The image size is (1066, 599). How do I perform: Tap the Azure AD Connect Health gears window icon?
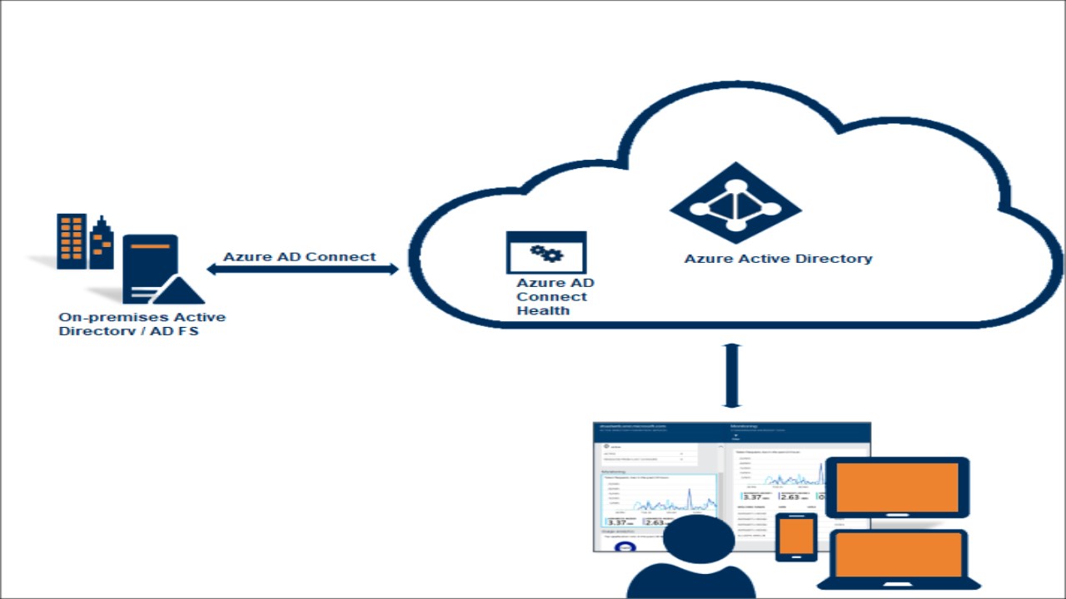[546, 253]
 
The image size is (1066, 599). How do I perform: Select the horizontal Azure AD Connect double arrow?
[302, 269]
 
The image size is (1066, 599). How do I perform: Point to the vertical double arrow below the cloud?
[732, 375]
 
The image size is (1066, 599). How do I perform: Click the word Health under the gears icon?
[543, 311]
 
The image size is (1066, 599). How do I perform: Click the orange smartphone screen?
[797, 536]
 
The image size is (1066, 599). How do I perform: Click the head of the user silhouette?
[699, 541]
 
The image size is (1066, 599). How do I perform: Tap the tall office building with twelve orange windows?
[72, 241]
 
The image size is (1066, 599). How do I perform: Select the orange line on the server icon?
[150, 247]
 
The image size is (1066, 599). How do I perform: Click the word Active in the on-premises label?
[200, 317]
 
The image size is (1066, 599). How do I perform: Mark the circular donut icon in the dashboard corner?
[625, 547]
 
